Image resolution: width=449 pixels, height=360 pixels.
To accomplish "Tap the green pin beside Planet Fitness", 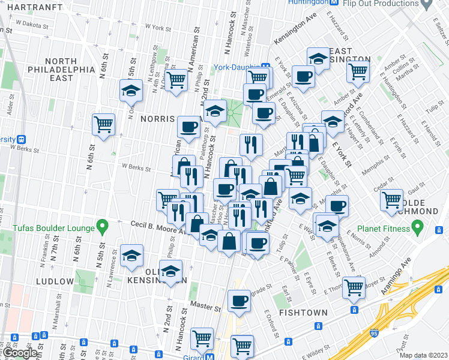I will point(420,228).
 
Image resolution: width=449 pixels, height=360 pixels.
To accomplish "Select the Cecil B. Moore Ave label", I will point(157,226).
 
